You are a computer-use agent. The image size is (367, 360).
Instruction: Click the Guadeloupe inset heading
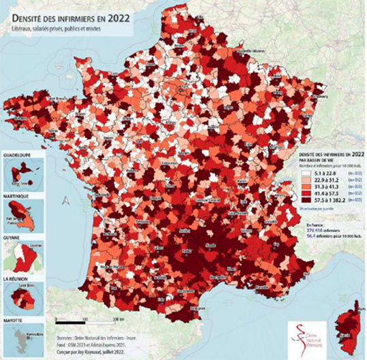[x=19, y=154]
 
